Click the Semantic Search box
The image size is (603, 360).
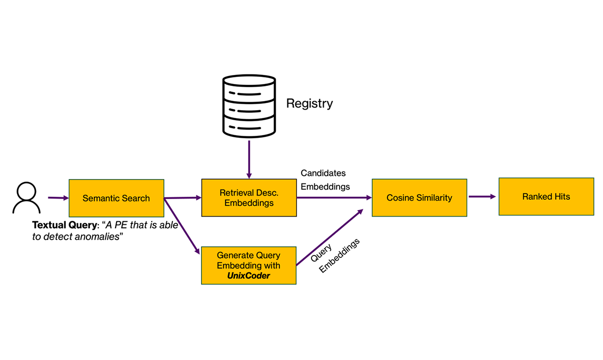(x=116, y=198)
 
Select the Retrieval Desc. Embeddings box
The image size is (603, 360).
(x=249, y=198)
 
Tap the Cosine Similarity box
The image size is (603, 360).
(x=419, y=198)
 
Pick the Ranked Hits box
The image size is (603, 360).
(x=546, y=197)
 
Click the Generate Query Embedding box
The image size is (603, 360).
(x=248, y=265)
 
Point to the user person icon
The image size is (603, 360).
(x=27, y=198)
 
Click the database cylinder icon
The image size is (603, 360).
(x=249, y=105)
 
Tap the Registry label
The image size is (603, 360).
(x=309, y=104)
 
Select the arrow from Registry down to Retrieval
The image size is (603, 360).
(x=249, y=158)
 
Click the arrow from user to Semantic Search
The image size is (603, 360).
(x=58, y=198)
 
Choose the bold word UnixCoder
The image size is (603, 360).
(x=248, y=275)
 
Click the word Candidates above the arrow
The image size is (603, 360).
(x=323, y=173)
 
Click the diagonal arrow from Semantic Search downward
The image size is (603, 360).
(x=182, y=225)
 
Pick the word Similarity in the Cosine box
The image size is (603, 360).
(x=434, y=198)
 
